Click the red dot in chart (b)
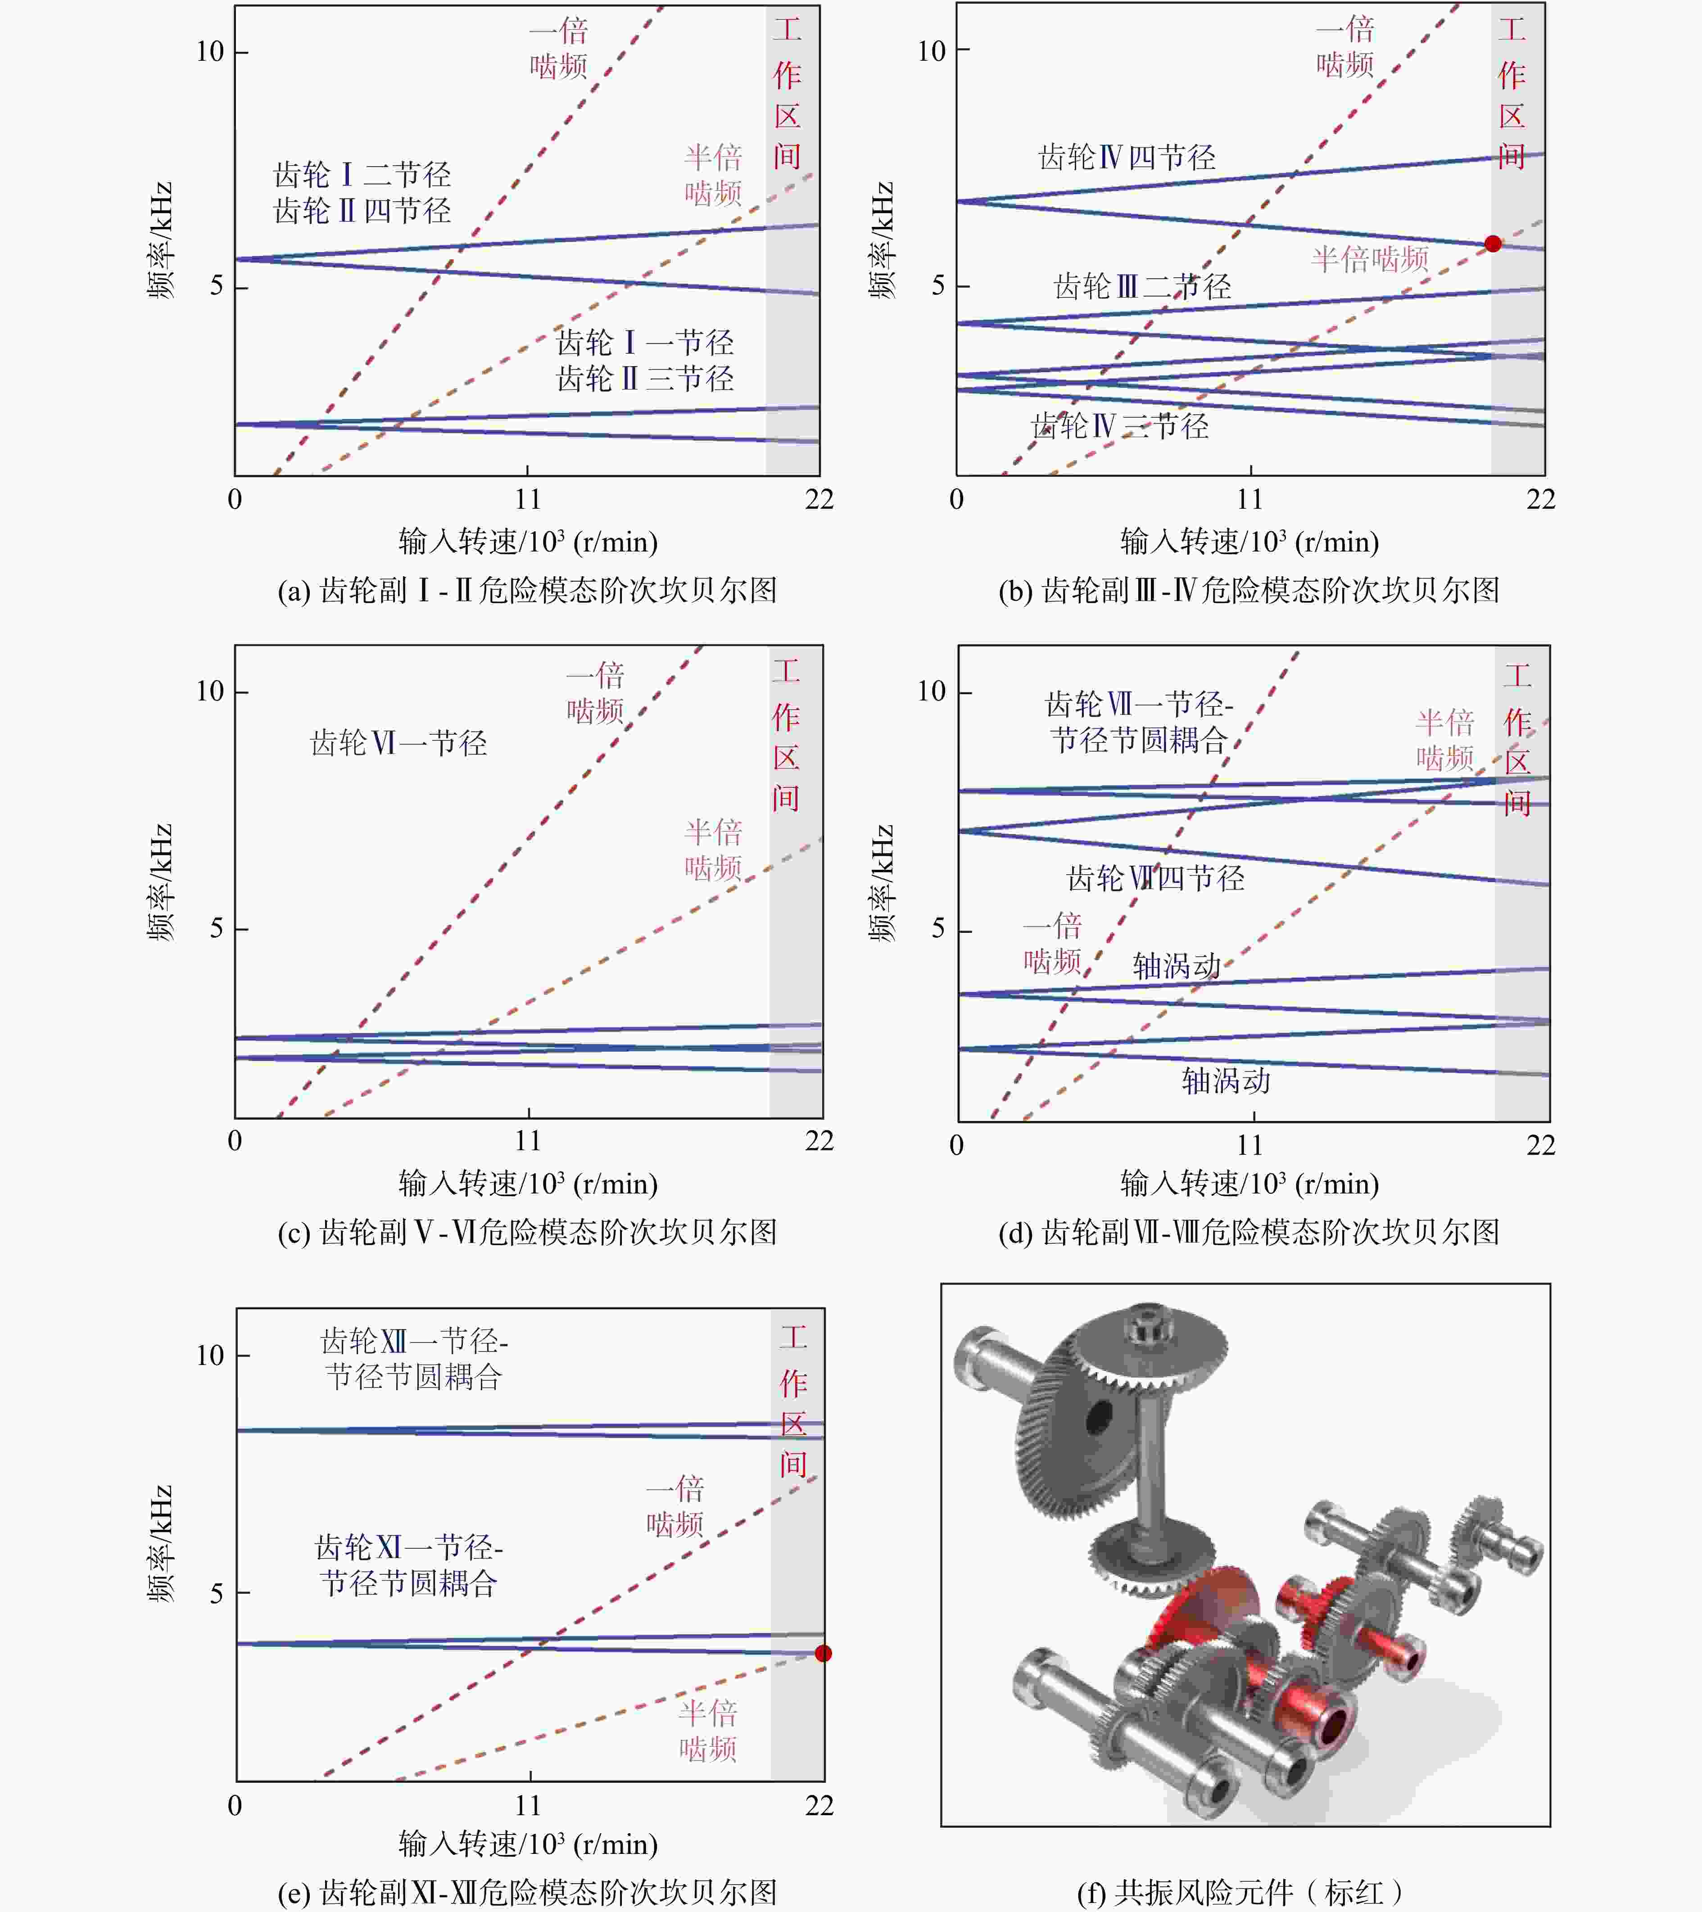pyautogui.click(x=1493, y=243)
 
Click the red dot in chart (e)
pyautogui.click(x=823, y=1653)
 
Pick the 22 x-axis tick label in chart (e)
pyautogui.click(x=819, y=1804)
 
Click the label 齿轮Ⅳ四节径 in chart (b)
pyautogui.click(x=1127, y=157)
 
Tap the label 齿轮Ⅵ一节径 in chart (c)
pyautogui.click(x=398, y=743)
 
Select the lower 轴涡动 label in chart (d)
pyautogui.click(x=1226, y=1080)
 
